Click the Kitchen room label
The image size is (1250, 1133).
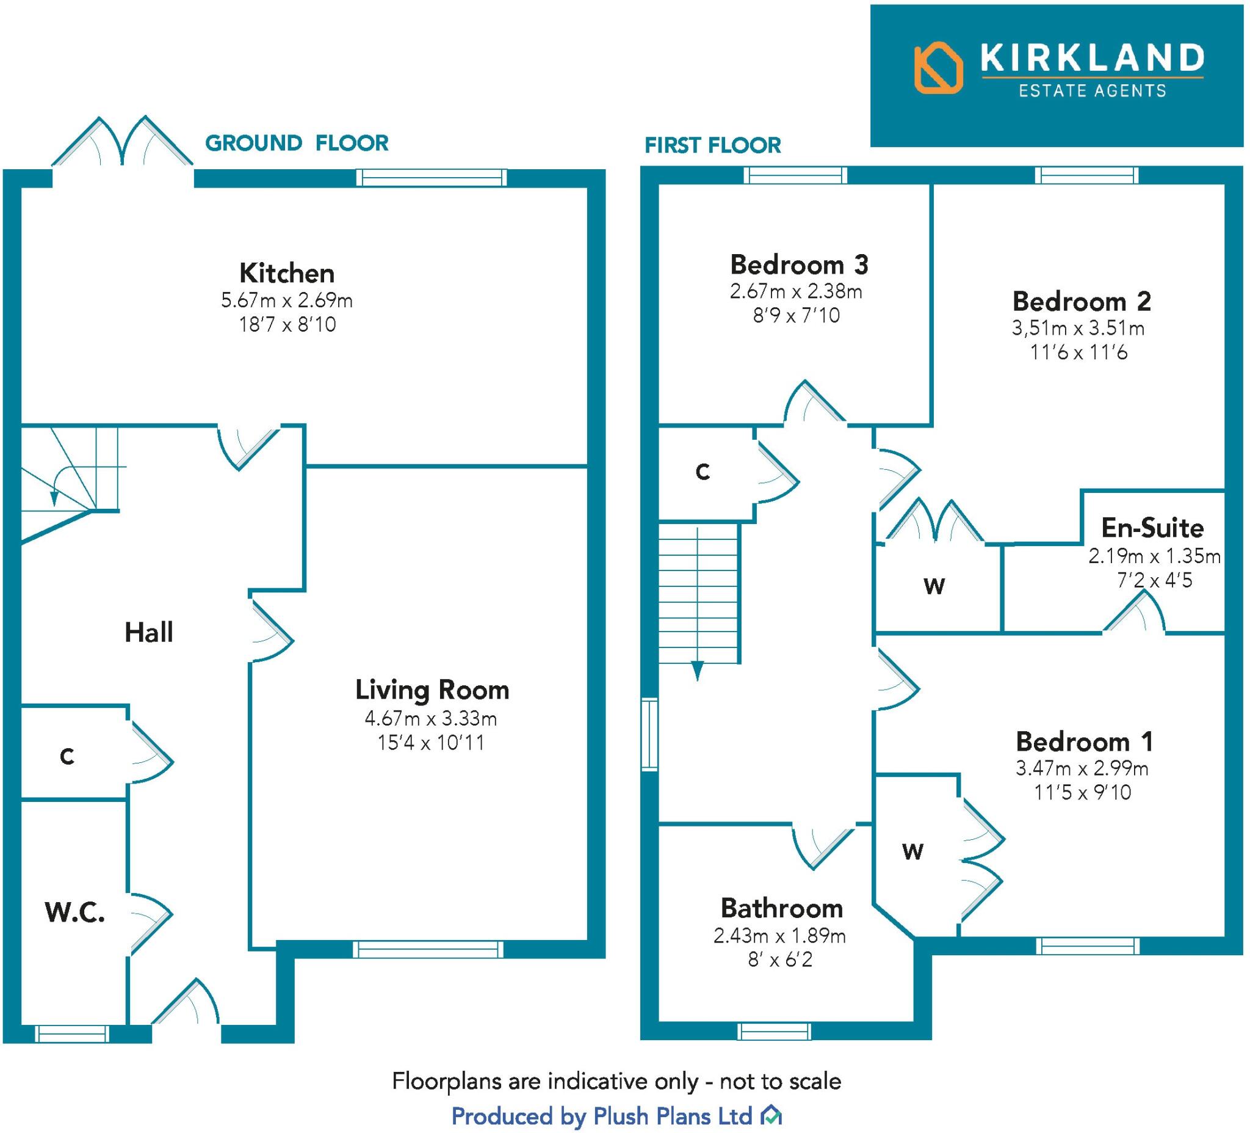tap(287, 274)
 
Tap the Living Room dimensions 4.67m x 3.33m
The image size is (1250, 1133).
tap(431, 718)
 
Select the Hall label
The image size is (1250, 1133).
tap(149, 633)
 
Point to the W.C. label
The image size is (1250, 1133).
tap(74, 913)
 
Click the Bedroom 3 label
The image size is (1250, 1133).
tap(799, 265)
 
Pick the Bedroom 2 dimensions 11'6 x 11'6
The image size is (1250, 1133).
tap(1078, 352)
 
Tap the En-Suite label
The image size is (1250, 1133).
tap(1152, 528)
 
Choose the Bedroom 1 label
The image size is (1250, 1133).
tap(1085, 741)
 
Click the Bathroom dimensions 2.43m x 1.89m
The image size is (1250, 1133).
tap(779, 936)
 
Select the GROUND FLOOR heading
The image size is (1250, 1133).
tap(297, 144)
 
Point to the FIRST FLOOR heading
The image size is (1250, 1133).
tap(712, 146)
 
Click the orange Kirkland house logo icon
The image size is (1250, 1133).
tap(938, 68)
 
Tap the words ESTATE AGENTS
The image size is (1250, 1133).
tap(1093, 91)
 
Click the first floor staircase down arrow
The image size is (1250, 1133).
tap(698, 670)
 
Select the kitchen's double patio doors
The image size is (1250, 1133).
tap(122, 146)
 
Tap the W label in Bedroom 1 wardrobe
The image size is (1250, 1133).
tap(912, 852)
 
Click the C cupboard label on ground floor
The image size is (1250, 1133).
tap(67, 756)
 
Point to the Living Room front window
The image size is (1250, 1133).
tap(428, 949)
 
